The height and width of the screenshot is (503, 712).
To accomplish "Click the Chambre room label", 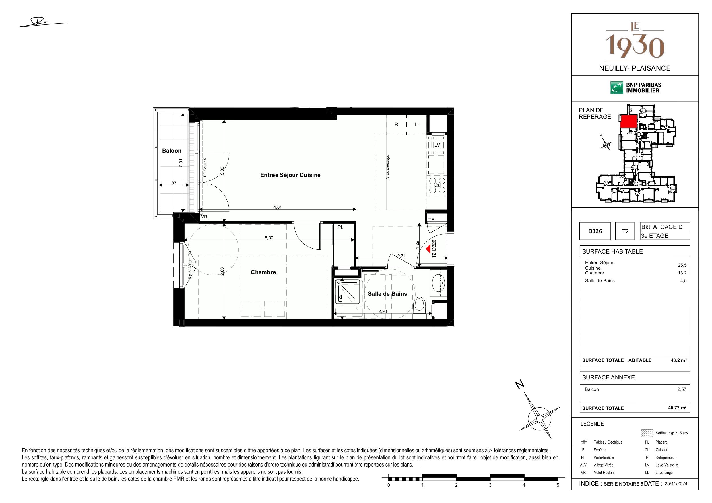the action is [263, 272].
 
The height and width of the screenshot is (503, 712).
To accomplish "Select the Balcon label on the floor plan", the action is [172, 151].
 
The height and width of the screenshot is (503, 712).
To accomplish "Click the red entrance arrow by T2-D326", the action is [428, 249].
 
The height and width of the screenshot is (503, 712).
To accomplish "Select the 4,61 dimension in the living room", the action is [278, 207].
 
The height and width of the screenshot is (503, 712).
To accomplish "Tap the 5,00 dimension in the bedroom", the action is [269, 238].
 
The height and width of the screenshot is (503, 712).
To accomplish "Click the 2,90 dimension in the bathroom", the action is [383, 311].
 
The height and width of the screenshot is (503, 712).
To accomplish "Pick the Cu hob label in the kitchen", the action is [437, 185].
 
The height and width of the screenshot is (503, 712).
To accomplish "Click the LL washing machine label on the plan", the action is [417, 124].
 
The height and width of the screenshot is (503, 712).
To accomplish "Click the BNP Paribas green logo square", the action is [616, 87].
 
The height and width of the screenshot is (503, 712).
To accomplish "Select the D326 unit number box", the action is [595, 231].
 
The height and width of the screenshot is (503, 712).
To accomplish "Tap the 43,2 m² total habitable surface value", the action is [678, 360].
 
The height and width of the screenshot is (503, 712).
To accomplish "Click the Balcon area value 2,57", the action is [682, 389].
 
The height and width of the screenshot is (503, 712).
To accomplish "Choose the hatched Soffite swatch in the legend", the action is [647, 433].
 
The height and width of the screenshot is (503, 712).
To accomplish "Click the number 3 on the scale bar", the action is [490, 485].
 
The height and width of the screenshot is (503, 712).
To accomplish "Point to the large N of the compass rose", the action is [520, 385].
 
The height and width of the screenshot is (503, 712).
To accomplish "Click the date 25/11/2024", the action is [676, 483].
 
